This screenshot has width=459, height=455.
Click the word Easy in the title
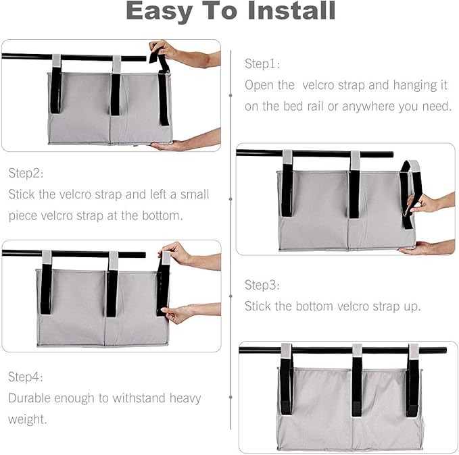pos(164,11)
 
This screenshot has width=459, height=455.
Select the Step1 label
pos(262,64)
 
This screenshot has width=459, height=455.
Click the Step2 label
pos(26,173)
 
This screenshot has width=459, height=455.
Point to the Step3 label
pos(262,285)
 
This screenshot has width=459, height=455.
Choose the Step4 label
pos(26,377)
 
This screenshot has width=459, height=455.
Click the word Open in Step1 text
pos(260,85)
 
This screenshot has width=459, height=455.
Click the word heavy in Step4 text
pos(181,398)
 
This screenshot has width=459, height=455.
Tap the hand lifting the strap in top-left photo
pos(166,52)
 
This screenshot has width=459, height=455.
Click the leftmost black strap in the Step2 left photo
pos(46,287)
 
